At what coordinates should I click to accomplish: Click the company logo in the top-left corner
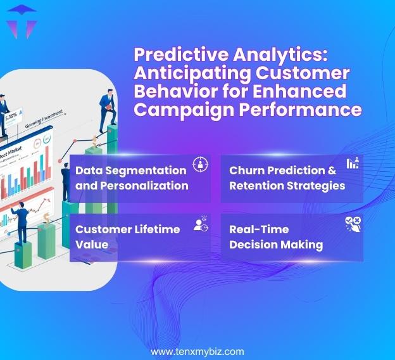[22, 22]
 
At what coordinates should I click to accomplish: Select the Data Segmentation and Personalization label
[131, 178]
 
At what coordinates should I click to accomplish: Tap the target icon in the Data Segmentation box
[200, 164]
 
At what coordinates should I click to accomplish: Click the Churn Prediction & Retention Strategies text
[287, 178]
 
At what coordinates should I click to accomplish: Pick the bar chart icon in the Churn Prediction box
[353, 163]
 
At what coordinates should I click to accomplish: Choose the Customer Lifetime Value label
[127, 236]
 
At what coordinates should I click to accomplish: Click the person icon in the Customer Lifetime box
[201, 223]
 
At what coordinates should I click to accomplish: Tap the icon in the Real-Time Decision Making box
[353, 222]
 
